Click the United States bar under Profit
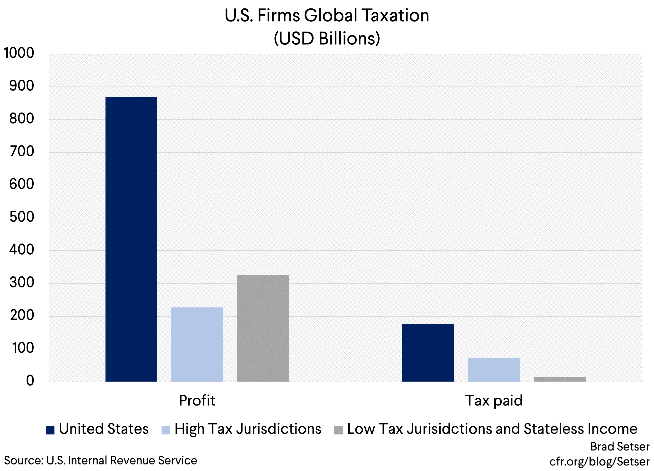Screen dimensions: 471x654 pos(131,239)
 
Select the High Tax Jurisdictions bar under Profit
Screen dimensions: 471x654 pos(197,345)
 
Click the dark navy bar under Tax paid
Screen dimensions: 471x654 pos(428,353)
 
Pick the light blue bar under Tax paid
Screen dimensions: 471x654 pos(494,370)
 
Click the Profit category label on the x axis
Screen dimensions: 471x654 pos(197,400)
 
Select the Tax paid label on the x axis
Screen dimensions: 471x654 pos(494,400)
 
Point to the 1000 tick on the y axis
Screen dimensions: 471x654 pos(19,53)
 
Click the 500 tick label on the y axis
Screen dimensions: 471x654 pos(22,217)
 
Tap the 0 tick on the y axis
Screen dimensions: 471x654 pos(30,381)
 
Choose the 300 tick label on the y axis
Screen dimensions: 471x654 pos(22,282)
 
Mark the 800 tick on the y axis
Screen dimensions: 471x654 pos(22,119)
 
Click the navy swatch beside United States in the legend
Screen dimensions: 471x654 pos(50,430)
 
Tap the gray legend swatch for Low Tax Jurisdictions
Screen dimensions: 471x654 pos(339,430)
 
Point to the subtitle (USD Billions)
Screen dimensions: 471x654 pos(327,38)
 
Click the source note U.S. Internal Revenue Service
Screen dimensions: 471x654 pos(100,460)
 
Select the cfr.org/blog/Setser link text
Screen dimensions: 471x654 pos(599,462)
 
